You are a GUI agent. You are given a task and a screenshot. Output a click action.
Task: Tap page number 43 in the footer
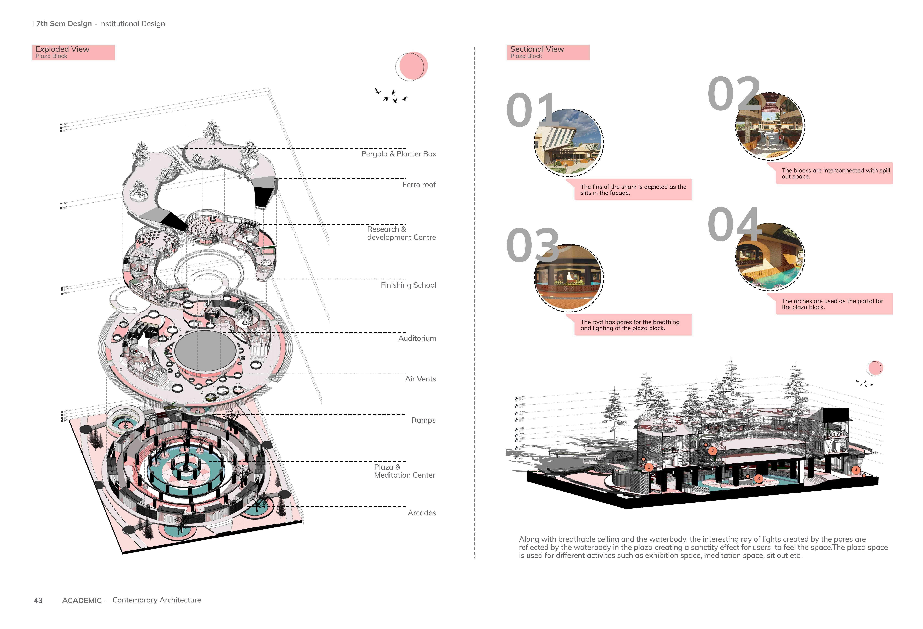tap(38, 600)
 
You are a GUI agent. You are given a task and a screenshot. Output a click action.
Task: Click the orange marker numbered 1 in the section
tap(649, 467)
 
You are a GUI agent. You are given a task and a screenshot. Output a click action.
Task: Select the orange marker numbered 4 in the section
tap(856, 470)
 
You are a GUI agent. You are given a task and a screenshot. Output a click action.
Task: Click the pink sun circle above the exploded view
tap(413, 66)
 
